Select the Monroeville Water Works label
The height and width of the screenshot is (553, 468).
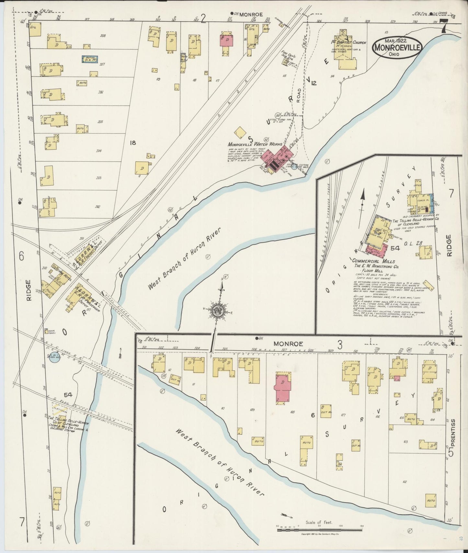[x=255, y=145]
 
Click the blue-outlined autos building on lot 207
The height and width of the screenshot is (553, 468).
[x=89, y=60]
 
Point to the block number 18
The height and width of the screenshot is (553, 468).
[x=132, y=143]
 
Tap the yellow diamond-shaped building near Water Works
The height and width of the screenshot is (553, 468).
[x=241, y=133]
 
